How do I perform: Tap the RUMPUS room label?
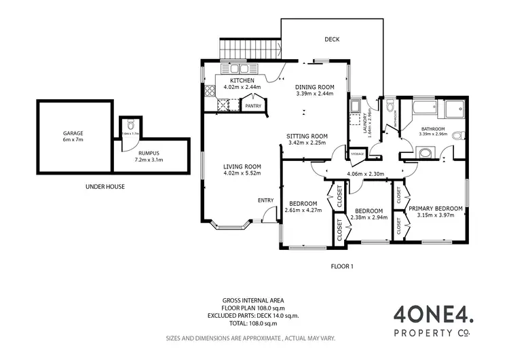(x=149, y=153)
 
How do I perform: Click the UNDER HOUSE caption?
(x=105, y=186)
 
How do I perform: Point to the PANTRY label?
(x=253, y=106)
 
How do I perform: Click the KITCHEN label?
(x=242, y=81)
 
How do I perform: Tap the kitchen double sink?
(x=225, y=105)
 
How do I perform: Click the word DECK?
(x=331, y=39)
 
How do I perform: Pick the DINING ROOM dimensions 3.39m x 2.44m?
(x=316, y=94)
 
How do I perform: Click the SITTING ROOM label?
(x=307, y=136)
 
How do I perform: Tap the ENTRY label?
(x=265, y=200)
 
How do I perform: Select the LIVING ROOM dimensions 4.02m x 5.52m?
(x=243, y=173)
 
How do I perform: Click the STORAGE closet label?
(x=358, y=154)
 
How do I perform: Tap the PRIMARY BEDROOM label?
(x=435, y=209)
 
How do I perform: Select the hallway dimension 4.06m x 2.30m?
(x=366, y=174)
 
